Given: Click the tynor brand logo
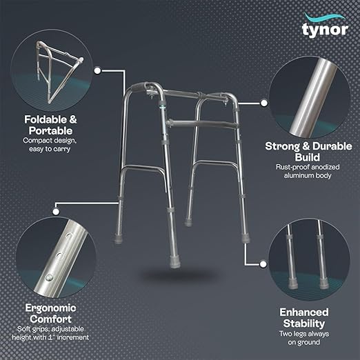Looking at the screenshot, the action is coord(325,26).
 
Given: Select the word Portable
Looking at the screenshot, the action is coord(50,131).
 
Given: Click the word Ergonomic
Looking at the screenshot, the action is coord(50,308).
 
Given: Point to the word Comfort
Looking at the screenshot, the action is coord(50,319).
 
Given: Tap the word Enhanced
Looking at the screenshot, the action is coord(304,312).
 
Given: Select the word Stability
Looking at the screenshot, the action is coord(304,323).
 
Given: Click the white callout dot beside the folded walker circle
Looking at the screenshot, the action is coord(97,70).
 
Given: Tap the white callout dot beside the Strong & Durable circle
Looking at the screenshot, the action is coord(264,103).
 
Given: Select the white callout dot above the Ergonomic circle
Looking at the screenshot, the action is coord(56,212).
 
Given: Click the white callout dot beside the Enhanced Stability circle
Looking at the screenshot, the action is coord(263,264).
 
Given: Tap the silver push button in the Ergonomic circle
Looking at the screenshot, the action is coord(49,278).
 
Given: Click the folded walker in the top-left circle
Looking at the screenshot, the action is coord(59,71).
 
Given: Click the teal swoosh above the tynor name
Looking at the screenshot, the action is coord(325,18).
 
